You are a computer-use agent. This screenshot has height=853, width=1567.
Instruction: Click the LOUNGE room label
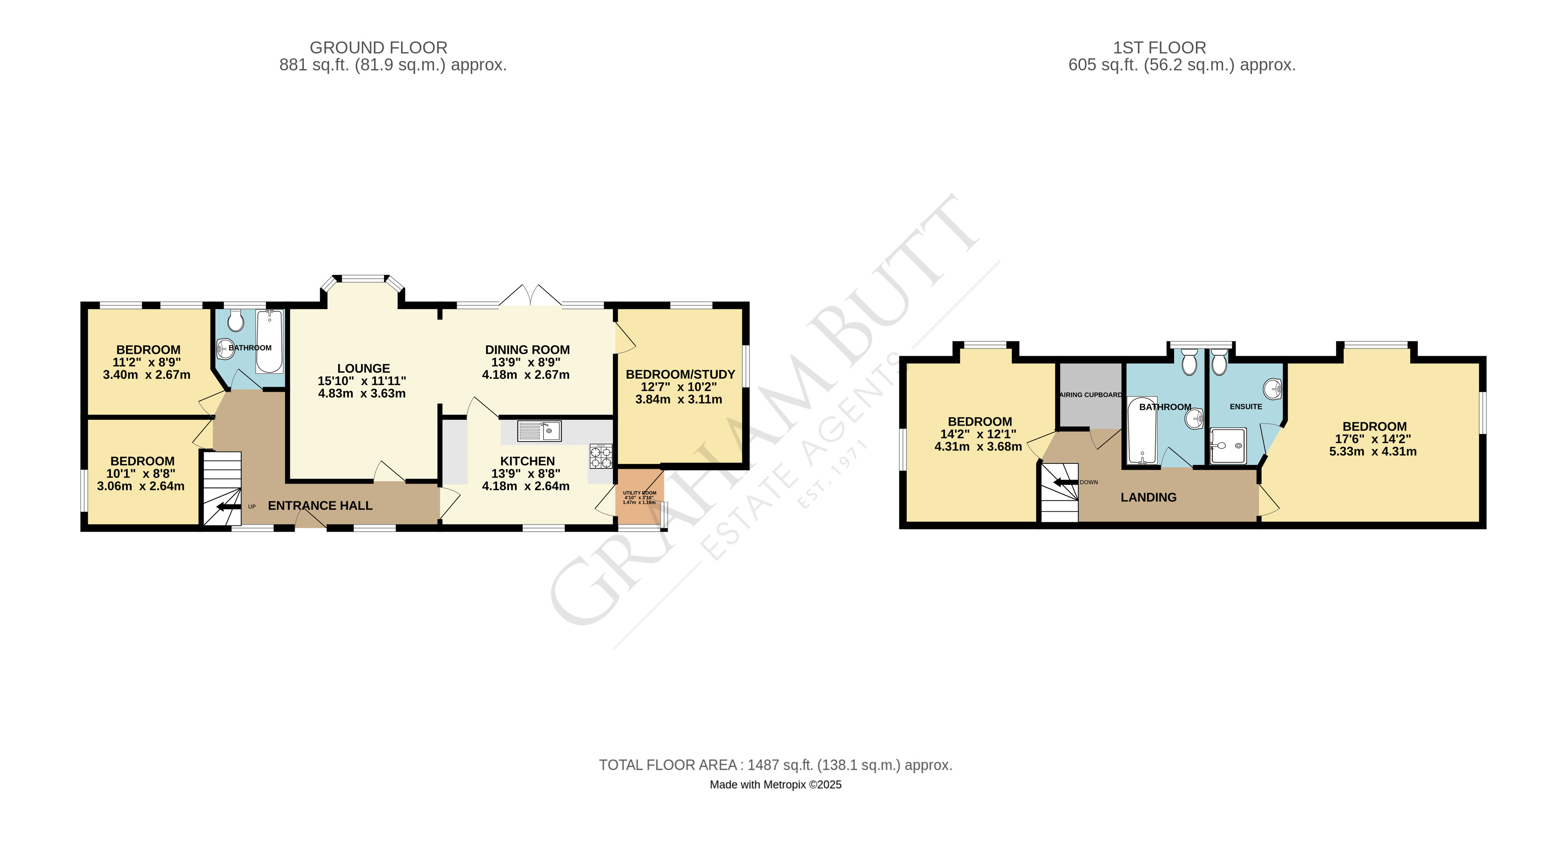pos(364,369)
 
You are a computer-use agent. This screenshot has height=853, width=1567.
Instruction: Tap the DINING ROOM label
pos(528,349)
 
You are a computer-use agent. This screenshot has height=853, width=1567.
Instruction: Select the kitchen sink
pos(539,431)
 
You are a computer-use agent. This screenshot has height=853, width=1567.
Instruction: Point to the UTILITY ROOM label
pos(639,493)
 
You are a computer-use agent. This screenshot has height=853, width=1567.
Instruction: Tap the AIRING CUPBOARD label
pos(1091,394)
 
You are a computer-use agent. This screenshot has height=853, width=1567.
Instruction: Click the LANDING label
pos(1149,497)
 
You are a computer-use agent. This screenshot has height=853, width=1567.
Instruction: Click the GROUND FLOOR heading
pos(378,48)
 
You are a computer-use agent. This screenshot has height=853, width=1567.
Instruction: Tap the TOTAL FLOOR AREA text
pos(776,765)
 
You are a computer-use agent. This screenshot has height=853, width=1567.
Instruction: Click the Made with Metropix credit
pos(776,785)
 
